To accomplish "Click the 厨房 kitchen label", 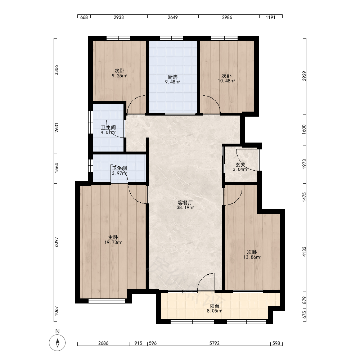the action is click(x=172, y=77).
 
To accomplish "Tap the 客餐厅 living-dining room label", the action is click(x=185, y=203).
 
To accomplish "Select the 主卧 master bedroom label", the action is click(x=113, y=237).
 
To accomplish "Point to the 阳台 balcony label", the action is click(x=215, y=306).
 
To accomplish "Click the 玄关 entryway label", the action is click(x=240, y=165).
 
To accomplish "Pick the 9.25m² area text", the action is click(x=120, y=76).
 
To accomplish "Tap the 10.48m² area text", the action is click(x=226, y=81).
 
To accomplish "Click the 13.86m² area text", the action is click(x=252, y=257).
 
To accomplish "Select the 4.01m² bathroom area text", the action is click(x=108, y=132).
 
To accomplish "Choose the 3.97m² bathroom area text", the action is click(x=120, y=173).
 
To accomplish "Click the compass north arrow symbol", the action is click(x=57, y=343).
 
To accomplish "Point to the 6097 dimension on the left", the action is click(x=57, y=242).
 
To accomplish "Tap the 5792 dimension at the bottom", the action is click(x=215, y=343).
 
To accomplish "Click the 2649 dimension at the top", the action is click(x=173, y=17).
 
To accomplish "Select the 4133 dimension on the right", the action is click(x=304, y=252).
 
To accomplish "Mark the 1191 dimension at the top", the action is click(x=270, y=17).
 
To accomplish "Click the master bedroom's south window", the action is click(x=107, y=301).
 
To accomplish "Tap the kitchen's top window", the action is click(x=171, y=39).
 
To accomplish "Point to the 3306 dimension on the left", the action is click(x=57, y=70).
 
